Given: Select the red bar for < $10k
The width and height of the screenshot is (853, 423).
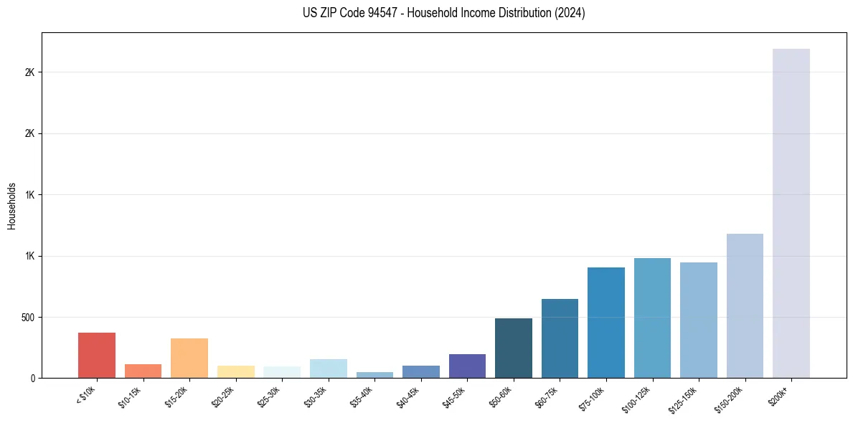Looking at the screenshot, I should (97, 355).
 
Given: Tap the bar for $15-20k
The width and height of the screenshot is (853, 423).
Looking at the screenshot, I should (189, 358).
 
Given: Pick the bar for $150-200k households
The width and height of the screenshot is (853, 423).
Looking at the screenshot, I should (745, 305).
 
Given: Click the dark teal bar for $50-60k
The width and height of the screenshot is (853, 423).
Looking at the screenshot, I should (514, 348).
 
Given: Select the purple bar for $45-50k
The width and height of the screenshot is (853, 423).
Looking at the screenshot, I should (467, 366).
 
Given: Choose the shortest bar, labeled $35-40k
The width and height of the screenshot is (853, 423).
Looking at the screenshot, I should (374, 374).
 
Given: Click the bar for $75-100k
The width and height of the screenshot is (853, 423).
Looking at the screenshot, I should (606, 323).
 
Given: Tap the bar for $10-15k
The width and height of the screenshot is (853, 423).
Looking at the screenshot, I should (143, 371).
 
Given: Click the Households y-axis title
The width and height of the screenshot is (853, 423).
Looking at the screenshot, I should (12, 205).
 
